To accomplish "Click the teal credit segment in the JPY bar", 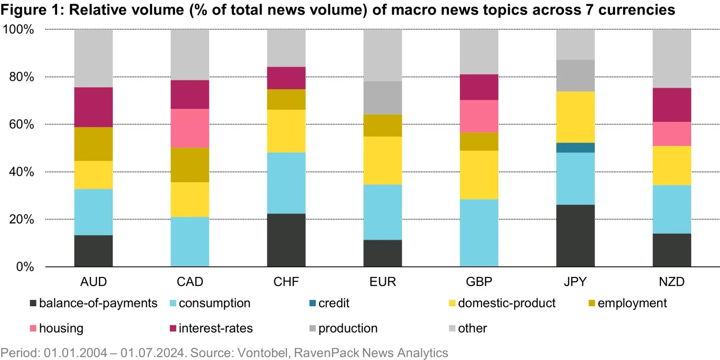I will tap(575, 147).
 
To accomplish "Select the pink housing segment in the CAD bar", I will tap(190, 128).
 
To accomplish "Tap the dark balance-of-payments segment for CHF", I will tap(286, 240).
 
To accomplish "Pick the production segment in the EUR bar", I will tap(383, 97).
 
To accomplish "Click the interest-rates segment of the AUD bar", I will tap(93, 107).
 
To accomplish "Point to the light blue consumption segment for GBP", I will tap(479, 233).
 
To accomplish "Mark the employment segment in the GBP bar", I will tap(479, 142).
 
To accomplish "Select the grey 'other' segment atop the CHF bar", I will tap(286, 48).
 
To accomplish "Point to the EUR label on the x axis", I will tap(383, 282).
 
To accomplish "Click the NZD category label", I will tap(672, 282).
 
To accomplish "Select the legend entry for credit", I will tap(334, 303).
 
